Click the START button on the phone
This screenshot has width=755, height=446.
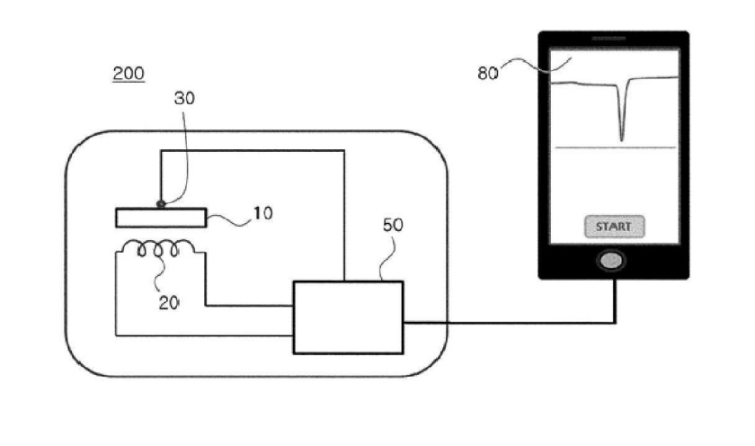[615, 227]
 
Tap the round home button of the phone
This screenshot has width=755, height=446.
[611, 261]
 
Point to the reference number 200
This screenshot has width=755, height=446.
[129, 74]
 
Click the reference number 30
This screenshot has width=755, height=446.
[184, 98]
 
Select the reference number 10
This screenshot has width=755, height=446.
[262, 213]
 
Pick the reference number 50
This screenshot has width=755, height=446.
[393, 225]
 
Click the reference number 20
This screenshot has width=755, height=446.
[169, 303]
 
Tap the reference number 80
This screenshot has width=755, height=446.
[488, 73]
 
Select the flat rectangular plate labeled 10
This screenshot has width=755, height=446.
[161, 218]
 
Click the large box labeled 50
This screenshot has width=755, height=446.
[348, 318]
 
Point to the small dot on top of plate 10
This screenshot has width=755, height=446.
[161, 204]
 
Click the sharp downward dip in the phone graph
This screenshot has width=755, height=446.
[622, 138]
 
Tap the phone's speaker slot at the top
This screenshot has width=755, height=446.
[608, 38]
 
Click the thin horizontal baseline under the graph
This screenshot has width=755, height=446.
[616, 147]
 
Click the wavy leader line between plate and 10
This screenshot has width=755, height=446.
[229, 220]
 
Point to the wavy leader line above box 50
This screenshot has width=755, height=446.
[389, 259]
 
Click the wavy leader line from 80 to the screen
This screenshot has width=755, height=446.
[536, 65]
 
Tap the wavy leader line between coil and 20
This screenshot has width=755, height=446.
[159, 270]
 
